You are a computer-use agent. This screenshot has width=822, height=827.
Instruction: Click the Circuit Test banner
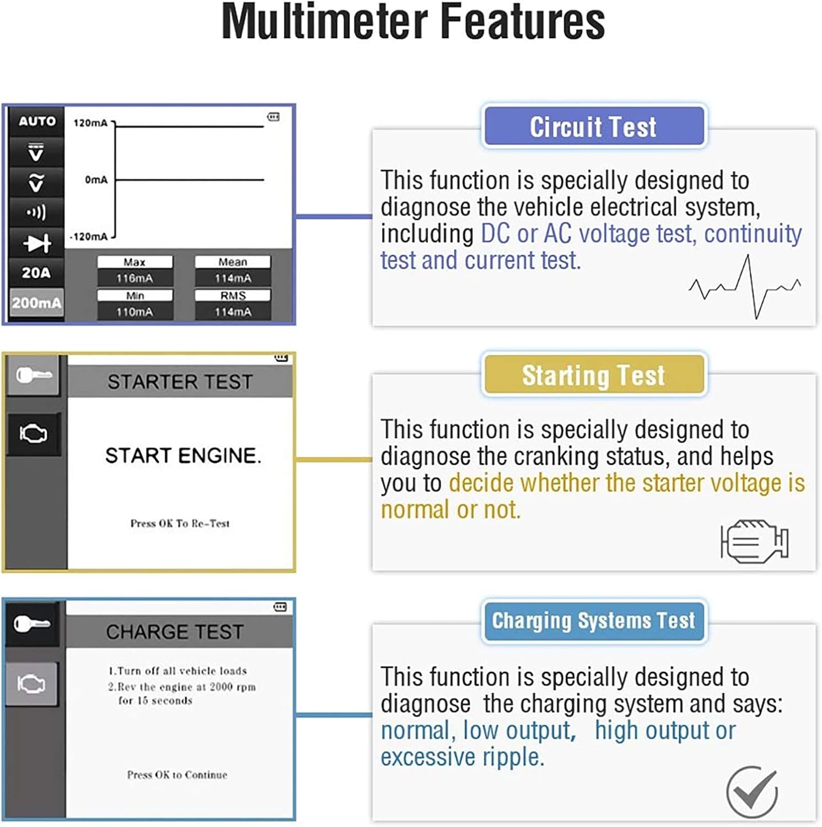point(593,127)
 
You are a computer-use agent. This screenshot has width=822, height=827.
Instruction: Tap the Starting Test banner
point(593,375)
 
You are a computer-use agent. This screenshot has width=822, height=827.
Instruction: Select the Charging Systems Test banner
point(593,621)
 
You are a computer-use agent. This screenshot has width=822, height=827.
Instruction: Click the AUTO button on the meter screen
point(37,121)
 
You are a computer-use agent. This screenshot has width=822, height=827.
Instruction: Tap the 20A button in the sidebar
point(36,272)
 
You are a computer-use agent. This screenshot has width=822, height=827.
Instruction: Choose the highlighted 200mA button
point(36,303)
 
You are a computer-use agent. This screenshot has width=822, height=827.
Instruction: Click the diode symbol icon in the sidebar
point(36,243)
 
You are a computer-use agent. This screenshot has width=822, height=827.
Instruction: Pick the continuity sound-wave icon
point(36,212)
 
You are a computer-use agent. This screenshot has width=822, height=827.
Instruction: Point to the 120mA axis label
point(90,123)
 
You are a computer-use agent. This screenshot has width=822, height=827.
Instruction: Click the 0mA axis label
point(96,180)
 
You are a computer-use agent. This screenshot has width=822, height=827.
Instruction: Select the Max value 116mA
point(135,278)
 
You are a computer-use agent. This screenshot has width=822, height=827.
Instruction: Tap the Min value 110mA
point(135,312)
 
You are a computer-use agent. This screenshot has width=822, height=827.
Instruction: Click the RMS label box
point(233,296)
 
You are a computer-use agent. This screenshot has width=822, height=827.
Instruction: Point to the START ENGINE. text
point(183,456)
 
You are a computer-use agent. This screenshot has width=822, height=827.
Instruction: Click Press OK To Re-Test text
point(180,523)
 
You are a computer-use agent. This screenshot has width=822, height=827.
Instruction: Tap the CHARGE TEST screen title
point(175,632)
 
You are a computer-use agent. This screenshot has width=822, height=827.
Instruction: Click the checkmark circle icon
point(751,792)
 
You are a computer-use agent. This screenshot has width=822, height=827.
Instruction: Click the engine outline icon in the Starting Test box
point(754,540)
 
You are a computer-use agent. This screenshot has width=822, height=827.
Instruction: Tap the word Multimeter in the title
point(324,22)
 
